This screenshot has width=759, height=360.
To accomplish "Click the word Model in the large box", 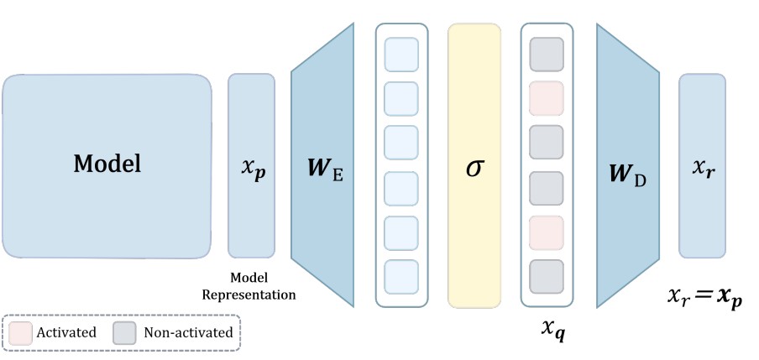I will point(107,164).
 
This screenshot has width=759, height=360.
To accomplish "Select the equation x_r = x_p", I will point(704,297).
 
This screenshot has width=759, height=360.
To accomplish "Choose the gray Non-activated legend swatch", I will point(125,332).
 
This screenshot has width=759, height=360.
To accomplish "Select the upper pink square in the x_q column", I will point(547,99).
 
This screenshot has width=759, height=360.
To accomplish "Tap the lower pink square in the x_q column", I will point(547,231).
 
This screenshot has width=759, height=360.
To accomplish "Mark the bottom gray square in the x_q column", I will point(547,275).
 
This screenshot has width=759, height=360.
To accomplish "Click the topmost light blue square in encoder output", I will point(400,55).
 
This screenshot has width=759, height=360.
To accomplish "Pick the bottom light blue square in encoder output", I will point(400,275).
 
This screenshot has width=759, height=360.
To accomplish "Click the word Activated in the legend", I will point(65,332).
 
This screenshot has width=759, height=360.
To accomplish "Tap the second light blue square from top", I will point(400,99).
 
